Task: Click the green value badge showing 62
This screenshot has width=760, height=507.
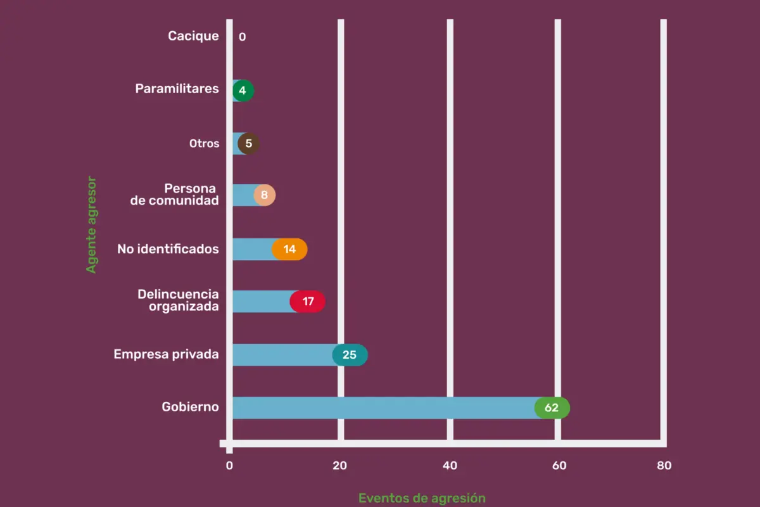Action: click(552, 408)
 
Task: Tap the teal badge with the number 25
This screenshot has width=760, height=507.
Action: click(350, 355)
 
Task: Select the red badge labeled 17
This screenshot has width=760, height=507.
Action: click(308, 302)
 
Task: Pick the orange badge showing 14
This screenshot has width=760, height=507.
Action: click(289, 249)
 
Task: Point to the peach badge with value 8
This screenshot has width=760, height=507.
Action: click(264, 196)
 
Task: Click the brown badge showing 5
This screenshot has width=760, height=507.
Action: click(248, 144)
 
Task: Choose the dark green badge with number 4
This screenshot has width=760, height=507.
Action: click(243, 91)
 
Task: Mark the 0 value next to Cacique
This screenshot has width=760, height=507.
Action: click(243, 37)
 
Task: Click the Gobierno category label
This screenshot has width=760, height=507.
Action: click(190, 407)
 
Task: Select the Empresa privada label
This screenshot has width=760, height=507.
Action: click(166, 354)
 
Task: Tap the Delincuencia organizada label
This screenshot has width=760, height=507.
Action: click(178, 300)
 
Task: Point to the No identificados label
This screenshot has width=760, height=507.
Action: click(168, 249)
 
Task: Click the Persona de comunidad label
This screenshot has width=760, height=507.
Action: click(184, 195)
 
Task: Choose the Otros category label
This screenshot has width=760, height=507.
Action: click(204, 144)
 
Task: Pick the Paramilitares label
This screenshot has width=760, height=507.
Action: click(177, 89)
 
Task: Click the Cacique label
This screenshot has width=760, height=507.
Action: click(193, 36)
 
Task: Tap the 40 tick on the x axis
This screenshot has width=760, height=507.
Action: click(450, 466)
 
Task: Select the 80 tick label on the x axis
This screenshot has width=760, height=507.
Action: click(664, 466)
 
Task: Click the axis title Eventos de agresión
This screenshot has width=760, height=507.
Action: click(422, 498)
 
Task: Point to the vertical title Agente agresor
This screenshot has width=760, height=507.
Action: click(92, 224)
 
